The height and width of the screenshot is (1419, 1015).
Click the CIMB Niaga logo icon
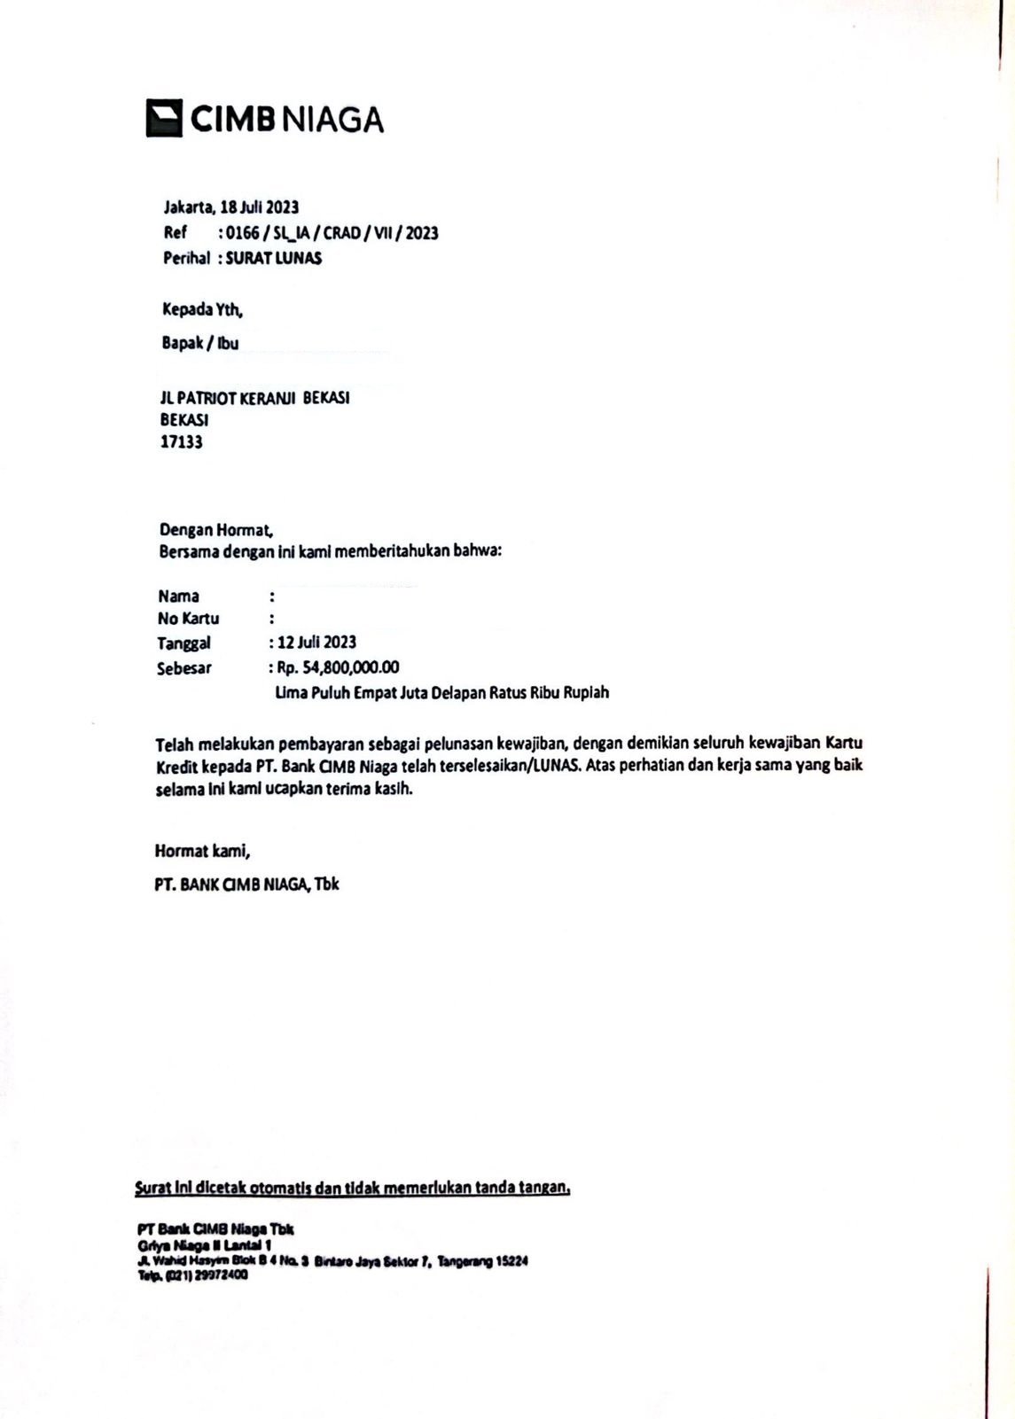[164, 118]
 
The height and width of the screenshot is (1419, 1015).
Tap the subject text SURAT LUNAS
[274, 259]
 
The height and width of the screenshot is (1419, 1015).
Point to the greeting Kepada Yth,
[202, 310]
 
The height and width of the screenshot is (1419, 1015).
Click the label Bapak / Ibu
[200, 343]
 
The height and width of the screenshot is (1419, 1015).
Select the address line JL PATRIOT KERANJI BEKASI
[254, 398]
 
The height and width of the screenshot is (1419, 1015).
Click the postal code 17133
[181, 441]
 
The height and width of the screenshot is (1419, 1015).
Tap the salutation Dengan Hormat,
[215, 530]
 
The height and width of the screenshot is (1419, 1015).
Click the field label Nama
[179, 596]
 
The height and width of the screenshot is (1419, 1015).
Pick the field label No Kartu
[188, 619]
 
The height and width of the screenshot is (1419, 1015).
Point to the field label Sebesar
[184, 668]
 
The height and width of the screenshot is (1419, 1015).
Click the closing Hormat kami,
[202, 852]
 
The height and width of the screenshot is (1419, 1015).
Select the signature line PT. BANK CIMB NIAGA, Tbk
[246, 885]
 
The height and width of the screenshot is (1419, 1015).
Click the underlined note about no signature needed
[352, 1188]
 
